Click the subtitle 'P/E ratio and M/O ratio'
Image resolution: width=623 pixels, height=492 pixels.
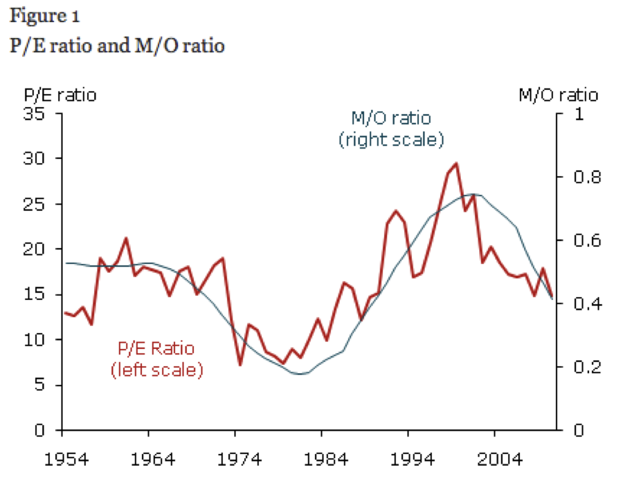coord(117,46)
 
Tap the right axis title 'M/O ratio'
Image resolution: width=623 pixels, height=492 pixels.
coord(558,95)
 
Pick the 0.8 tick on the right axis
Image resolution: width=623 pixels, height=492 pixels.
coord(578,178)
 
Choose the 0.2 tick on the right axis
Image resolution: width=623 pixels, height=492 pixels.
coord(578,367)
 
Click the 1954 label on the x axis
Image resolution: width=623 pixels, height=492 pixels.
coord(63,460)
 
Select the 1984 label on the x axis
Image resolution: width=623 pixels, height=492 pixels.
coord(322,460)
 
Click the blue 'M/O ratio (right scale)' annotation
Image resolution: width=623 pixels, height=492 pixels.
coord(391,129)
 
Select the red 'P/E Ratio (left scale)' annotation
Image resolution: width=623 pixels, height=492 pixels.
coord(157,359)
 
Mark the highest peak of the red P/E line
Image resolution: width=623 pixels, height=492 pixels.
coord(455,164)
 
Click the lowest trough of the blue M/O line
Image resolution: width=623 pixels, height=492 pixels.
coord(300,374)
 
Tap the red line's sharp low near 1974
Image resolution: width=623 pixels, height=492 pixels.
coord(240,364)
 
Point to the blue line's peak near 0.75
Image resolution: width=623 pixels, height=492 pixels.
coord(473,194)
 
